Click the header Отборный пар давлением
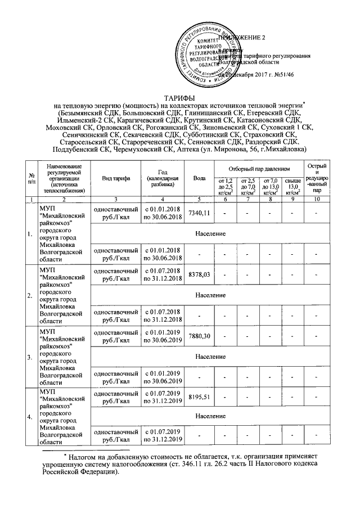(x=258, y=168)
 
